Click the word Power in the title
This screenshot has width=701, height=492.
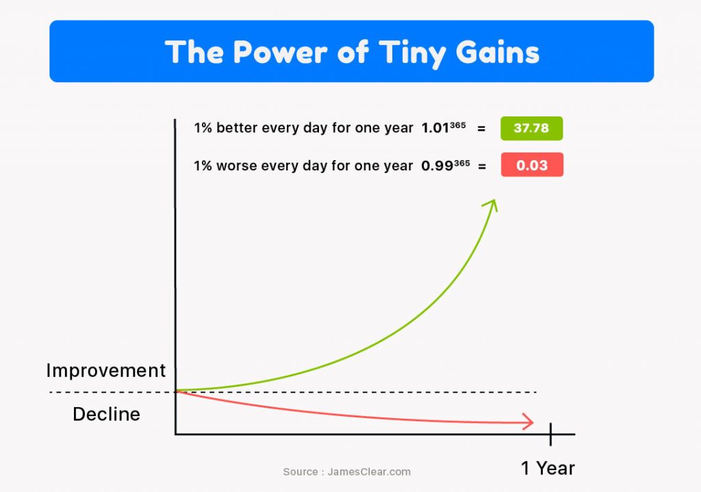tap(280, 52)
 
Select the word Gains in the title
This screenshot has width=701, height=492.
tap(498, 52)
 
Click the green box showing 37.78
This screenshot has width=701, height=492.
tap(531, 128)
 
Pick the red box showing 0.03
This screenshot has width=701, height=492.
tap(532, 165)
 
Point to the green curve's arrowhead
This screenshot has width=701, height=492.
tap(491, 205)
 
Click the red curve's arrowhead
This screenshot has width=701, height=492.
tap(528, 422)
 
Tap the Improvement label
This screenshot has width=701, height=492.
tap(106, 370)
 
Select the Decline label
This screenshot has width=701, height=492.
tap(106, 414)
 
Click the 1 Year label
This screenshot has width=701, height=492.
tap(548, 468)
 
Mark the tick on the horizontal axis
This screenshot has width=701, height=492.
tap(551, 435)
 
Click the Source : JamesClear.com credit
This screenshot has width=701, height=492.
tap(347, 472)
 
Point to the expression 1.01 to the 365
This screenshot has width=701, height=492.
tap(444, 128)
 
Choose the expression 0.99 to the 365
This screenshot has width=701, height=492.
tap(445, 166)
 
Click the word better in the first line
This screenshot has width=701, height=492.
tap(237, 128)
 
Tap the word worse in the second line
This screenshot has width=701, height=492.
tap(236, 166)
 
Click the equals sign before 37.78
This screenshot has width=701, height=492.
tap(481, 129)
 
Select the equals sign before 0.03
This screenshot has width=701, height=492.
tap(482, 166)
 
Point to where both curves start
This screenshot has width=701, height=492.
tap(176, 391)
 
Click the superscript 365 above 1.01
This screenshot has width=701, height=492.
tap(458, 125)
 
